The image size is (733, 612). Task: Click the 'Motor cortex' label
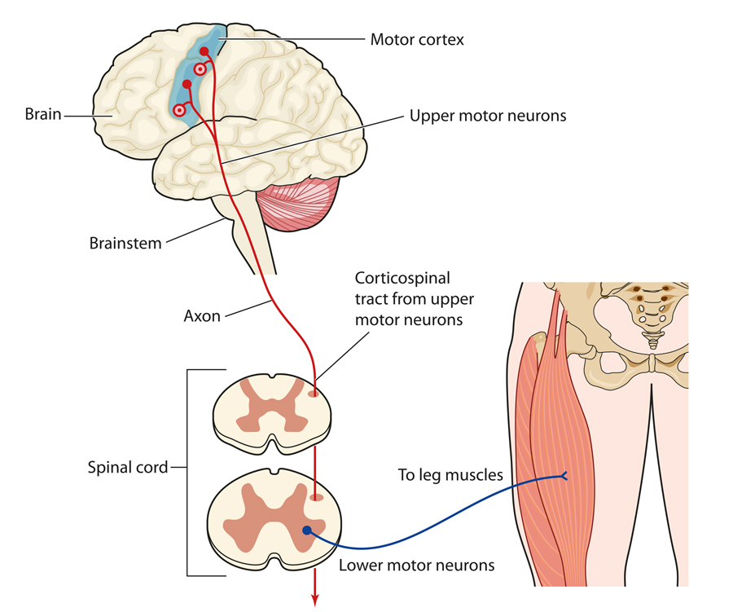click(x=417, y=39)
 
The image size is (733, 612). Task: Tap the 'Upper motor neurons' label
click(x=487, y=116)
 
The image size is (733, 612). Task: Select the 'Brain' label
click(x=42, y=114)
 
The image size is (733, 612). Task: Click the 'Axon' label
click(x=201, y=315)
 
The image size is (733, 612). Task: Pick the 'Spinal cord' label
click(x=128, y=468)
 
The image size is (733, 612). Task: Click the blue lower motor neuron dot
click(x=307, y=531)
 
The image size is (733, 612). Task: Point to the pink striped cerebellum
click(x=298, y=207)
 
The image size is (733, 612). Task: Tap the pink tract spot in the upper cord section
click(x=314, y=394)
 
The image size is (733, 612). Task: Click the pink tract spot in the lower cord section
click(x=315, y=496)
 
